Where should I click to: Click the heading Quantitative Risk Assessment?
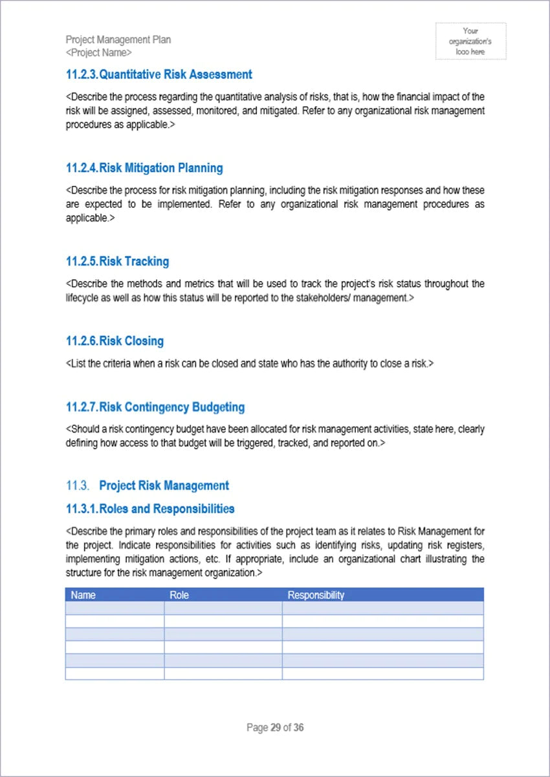175,74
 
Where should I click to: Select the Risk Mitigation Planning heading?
160,168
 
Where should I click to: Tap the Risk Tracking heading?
134,261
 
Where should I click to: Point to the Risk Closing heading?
131,341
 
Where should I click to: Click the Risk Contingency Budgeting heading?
171,407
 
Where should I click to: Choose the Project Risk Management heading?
164,486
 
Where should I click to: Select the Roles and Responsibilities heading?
167,508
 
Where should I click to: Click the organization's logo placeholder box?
470,41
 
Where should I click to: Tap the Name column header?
83,595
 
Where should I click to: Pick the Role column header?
179,595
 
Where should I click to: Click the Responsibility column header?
316,595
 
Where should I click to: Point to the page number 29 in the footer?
276,728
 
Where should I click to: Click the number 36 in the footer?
298,728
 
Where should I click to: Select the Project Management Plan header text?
118,39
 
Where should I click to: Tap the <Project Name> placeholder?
98,52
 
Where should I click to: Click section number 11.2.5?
82,261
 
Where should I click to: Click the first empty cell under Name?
115,608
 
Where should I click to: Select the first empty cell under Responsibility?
382,608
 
